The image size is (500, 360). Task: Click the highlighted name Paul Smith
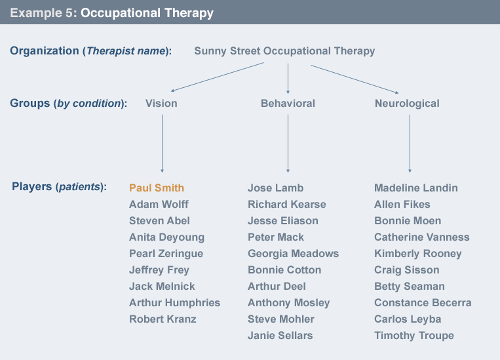(157, 188)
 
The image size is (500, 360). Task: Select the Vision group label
(161, 104)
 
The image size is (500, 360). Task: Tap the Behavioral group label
(288, 104)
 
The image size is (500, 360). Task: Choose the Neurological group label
(407, 104)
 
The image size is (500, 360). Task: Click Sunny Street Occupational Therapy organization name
(284, 51)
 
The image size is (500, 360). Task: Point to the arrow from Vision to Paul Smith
(162, 144)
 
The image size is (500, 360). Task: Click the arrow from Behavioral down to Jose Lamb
(288, 144)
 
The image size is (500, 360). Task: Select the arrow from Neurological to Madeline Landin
(410, 144)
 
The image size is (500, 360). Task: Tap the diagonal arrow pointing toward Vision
(216, 77)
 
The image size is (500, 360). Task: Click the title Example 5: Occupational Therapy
(111, 13)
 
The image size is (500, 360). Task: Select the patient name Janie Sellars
(280, 336)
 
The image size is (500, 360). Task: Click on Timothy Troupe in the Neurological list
(414, 336)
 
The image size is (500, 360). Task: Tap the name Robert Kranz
(163, 319)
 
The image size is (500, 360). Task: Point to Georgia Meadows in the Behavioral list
(293, 254)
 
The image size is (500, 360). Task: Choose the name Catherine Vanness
(421, 237)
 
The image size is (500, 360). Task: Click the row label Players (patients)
(59, 187)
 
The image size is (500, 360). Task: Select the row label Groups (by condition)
(68, 104)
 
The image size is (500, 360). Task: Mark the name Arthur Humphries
(174, 303)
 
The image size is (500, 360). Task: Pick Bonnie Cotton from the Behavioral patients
(284, 270)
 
